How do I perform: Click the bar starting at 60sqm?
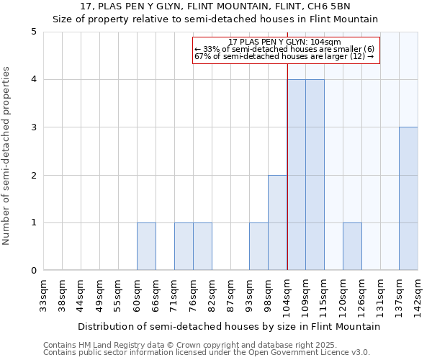[x=146, y=246]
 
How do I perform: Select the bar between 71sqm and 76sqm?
[x=184, y=246]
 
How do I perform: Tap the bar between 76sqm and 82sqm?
[x=202, y=246]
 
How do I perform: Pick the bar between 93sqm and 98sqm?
[x=258, y=246]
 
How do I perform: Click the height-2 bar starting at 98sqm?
[x=277, y=222]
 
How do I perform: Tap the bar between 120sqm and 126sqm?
[x=352, y=246]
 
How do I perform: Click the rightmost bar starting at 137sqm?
[x=408, y=199]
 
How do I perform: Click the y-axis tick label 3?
[x=33, y=127]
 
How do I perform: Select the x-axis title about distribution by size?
[x=229, y=326]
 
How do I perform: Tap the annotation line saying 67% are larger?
[x=286, y=57]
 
